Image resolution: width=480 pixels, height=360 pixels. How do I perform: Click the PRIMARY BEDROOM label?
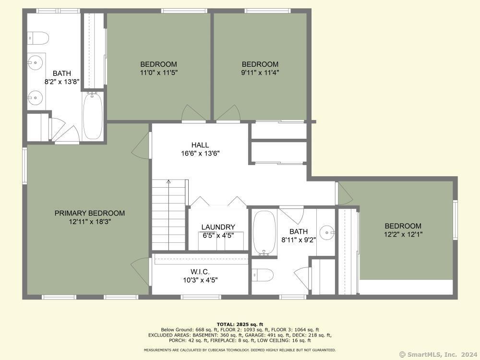point(90,213)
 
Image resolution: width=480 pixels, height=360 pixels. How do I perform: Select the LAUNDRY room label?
point(218,227)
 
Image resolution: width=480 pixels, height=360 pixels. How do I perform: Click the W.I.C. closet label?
point(200,272)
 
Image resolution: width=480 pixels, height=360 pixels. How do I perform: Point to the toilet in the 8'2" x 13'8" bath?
point(38,38)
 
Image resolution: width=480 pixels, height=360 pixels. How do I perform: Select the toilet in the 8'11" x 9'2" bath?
point(263,275)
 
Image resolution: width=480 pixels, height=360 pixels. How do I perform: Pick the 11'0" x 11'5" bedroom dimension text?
point(158,72)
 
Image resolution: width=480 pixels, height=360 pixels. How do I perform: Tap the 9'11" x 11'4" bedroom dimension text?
point(260,72)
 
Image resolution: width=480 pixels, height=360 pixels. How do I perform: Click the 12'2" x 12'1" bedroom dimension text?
point(403,235)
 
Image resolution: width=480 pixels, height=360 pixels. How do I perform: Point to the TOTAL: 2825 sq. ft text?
point(240,324)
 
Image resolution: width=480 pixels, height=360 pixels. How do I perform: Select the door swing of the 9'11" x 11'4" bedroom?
point(227,113)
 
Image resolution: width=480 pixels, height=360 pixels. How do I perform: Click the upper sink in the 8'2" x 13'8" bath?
point(36,63)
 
